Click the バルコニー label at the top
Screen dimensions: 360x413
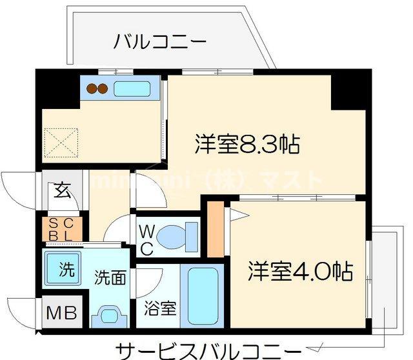point(160,43)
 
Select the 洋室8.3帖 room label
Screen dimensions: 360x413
point(247,144)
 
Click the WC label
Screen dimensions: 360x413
point(146,239)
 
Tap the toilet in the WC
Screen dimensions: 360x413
point(177,236)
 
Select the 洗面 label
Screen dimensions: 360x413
point(110,279)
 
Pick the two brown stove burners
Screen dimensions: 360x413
point(97,89)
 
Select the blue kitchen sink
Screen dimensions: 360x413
point(132,88)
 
